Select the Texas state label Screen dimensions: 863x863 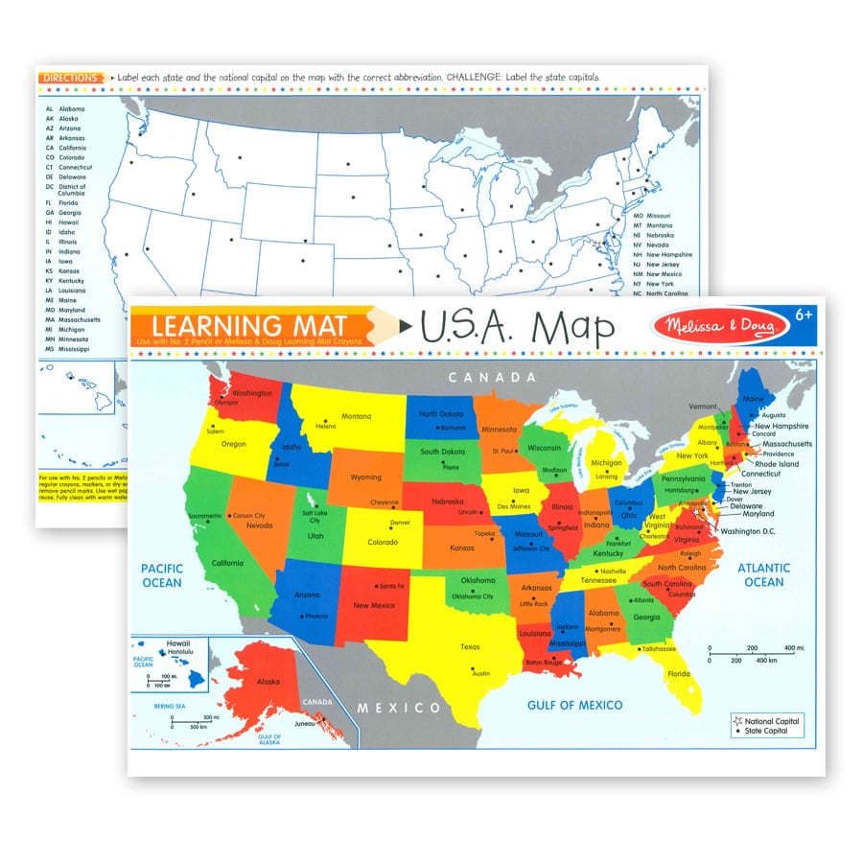[470, 646]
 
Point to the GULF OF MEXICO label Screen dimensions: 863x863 [574, 705]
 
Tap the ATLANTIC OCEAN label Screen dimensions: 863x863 [763, 574]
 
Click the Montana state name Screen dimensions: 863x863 [357, 416]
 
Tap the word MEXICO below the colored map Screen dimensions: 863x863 [400, 709]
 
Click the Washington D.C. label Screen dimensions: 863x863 [748, 531]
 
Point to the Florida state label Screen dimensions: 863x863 [678, 673]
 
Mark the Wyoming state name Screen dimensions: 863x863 [365, 477]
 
